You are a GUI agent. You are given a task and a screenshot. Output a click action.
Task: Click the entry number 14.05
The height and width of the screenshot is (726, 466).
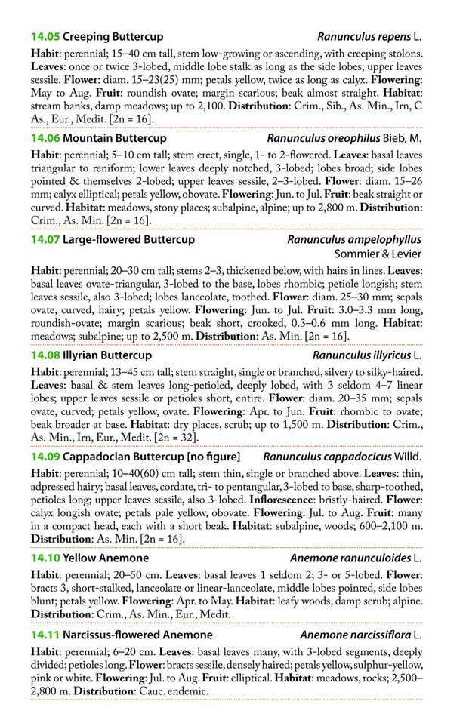click(45, 36)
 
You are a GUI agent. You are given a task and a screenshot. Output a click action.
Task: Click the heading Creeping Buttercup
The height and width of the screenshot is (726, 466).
click(113, 36)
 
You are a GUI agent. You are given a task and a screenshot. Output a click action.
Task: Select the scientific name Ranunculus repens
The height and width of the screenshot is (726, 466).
click(363, 36)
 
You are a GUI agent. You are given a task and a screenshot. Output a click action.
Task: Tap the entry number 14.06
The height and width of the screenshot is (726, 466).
click(45, 138)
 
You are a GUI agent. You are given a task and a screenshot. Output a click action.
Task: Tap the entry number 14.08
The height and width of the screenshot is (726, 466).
click(45, 355)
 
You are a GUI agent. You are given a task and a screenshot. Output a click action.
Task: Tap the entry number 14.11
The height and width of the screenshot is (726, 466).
click(45, 635)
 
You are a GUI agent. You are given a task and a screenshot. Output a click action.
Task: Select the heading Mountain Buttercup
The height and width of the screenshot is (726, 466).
click(115, 138)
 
